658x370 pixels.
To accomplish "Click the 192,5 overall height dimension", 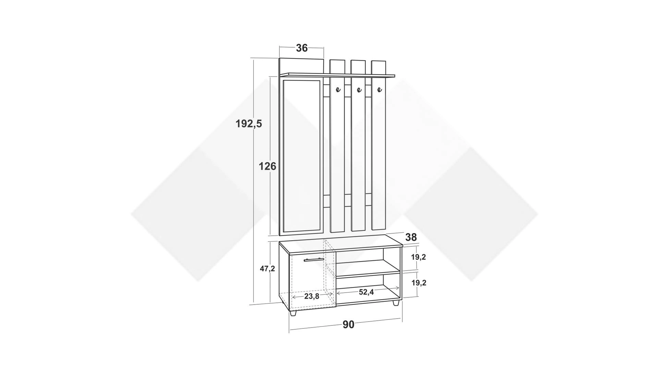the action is click(x=249, y=124).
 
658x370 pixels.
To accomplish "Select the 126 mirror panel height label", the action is click(x=267, y=166).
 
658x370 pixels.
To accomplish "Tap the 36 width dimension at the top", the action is click(x=302, y=48).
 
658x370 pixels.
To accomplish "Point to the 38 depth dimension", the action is click(x=411, y=237).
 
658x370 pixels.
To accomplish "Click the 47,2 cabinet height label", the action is click(x=267, y=269).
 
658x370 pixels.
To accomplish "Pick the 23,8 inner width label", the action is click(x=312, y=296).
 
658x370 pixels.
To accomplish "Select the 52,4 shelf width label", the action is click(x=366, y=292).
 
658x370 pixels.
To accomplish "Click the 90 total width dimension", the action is click(x=349, y=324).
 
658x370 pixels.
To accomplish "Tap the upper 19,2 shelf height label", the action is click(x=418, y=257).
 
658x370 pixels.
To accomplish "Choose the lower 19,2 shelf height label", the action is click(x=418, y=283).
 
